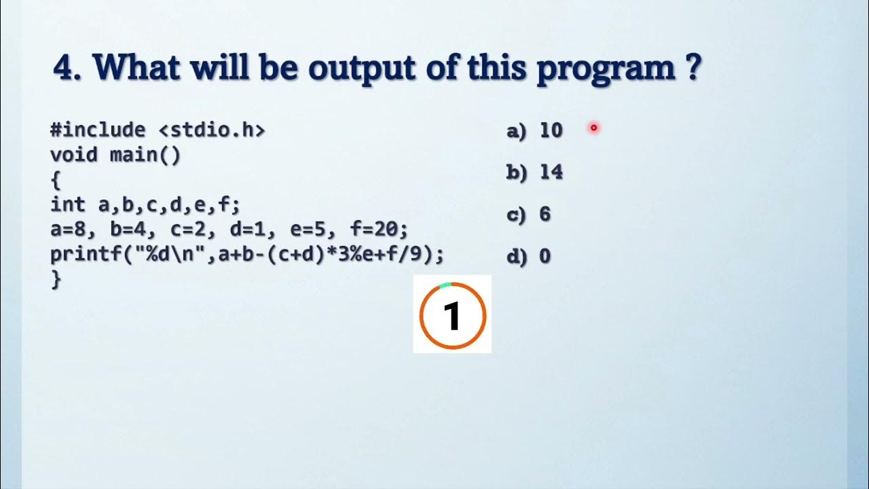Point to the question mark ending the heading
pos(692,68)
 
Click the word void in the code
pos(74,155)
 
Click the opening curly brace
pos(56,181)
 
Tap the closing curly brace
pos(56,280)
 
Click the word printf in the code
pos(86,255)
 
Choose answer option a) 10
pos(535,130)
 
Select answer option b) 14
pos(535,173)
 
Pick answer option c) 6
pos(528,215)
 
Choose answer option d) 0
pos(528,257)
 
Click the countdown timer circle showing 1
pos(452,314)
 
